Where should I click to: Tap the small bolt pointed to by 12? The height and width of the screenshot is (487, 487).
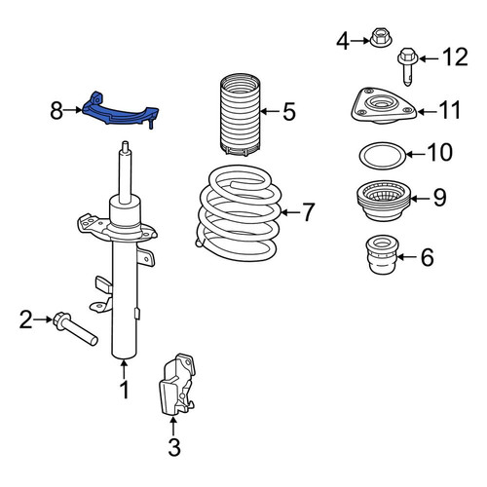[408, 65]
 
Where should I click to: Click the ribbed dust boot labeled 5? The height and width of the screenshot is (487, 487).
[241, 114]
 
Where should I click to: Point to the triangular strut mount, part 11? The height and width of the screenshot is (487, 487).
[384, 105]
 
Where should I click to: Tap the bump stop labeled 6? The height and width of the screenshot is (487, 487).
[382, 254]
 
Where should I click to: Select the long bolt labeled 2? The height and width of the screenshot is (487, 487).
[76, 328]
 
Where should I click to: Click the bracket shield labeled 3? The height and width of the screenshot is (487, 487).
[177, 384]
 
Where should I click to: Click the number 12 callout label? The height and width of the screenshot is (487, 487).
[456, 57]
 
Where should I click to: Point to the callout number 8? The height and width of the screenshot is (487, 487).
[56, 110]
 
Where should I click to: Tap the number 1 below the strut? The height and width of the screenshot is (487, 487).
[125, 390]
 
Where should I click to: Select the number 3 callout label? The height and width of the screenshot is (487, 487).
[174, 447]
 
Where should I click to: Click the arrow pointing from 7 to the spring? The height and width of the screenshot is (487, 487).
[290, 212]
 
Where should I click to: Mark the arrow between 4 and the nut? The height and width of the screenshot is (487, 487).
[360, 41]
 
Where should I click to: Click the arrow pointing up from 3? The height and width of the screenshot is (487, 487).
[173, 426]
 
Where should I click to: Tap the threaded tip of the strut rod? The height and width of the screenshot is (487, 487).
[125, 147]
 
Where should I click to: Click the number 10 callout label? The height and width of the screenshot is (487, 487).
[439, 152]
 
